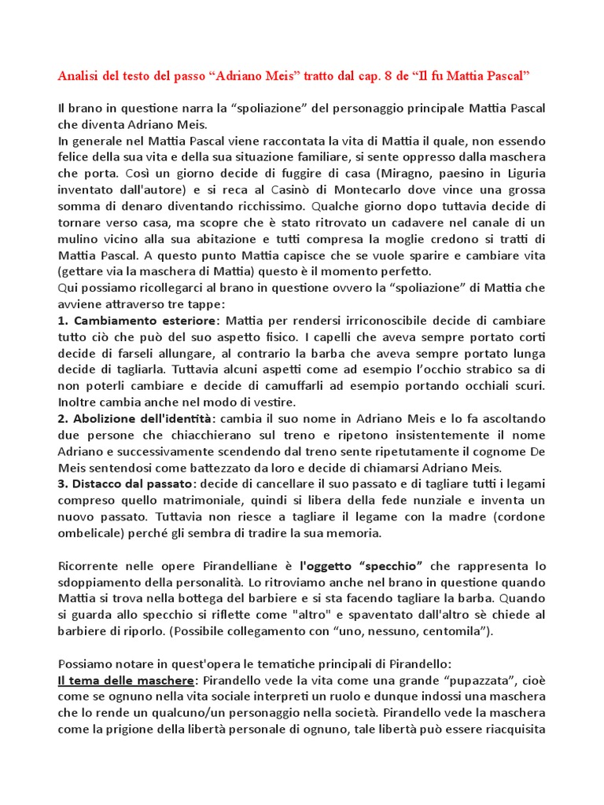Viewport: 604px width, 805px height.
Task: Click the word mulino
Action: click(x=79, y=239)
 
